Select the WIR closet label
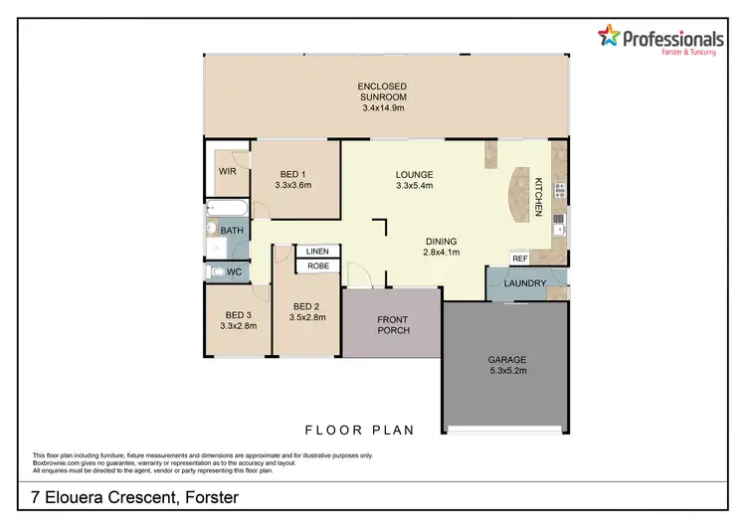point(228,170)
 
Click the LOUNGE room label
point(415,175)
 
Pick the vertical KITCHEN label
point(538,197)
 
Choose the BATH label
point(232,231)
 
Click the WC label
point(234,271)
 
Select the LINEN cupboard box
point(318,252)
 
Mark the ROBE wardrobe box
point(318,265)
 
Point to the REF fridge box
point(519,259)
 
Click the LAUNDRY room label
point(524,283)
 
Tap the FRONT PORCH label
point(392,324)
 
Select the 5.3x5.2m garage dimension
point(506,372)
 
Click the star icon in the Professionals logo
point(609,37)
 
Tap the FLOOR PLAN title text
point(359,430)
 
